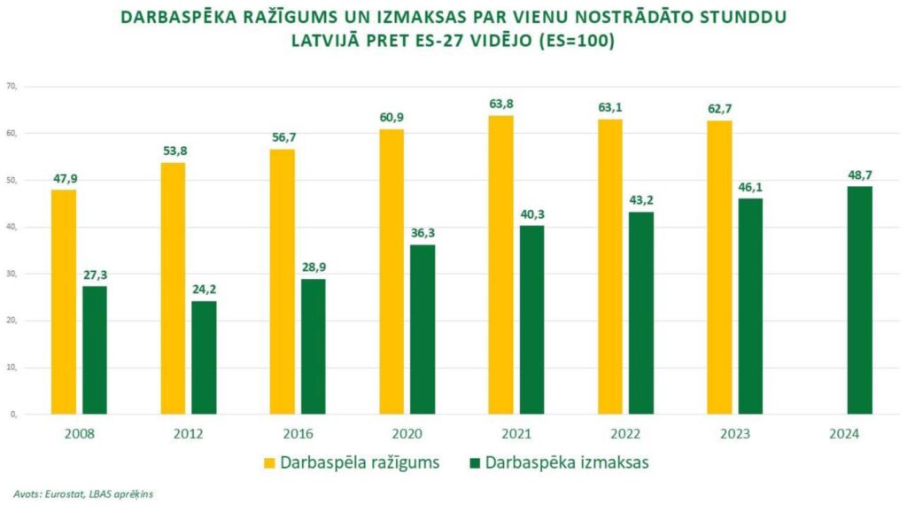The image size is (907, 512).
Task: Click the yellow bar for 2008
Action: [x=64, y=301]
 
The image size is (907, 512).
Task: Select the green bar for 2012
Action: [x=204, y=357]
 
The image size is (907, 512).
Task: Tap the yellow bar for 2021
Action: [x=500, y=264]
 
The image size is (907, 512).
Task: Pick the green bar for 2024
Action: [x=859, y=299]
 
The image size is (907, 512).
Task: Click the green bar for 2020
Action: [x=422, y=329]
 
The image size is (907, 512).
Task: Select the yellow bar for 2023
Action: [x=719, y=267]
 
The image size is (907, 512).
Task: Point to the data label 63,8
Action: [x=501, y=105]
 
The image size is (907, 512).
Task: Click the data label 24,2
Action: [x=205, y=290]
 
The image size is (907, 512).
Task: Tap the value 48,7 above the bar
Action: [x=859, y=175]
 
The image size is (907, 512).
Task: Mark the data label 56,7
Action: [x=283, y=137]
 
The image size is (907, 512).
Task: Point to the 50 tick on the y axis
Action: [x=12, y=181]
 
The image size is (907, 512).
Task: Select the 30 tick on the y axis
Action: [x=12, y=274]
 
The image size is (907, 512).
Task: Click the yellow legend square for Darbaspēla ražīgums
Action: [x=269, y=462]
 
